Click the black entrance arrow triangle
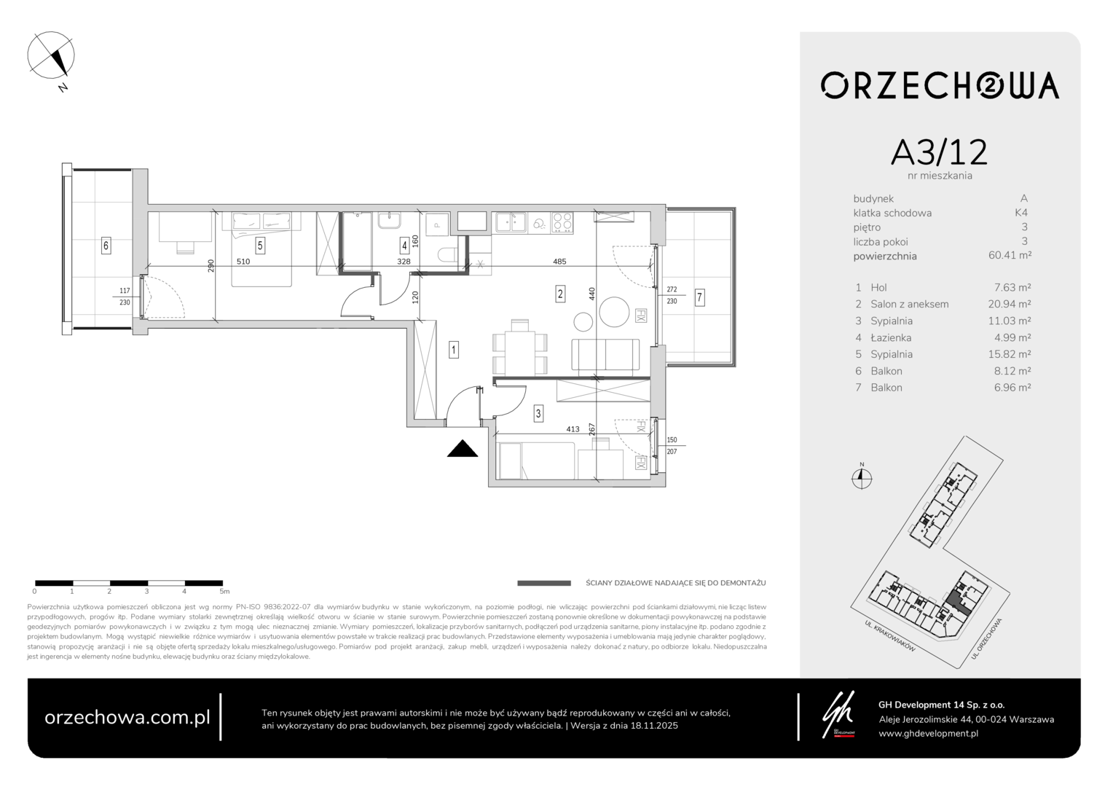pos(462,449)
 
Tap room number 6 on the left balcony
pos(106,245)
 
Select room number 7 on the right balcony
pos(699,297)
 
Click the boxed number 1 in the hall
pos(453,350)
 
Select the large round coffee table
pos(614,312)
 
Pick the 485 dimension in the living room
pos(559,262)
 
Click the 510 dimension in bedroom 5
pos(243,262)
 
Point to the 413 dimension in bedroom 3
pos(573,429)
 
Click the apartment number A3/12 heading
pos(939,152)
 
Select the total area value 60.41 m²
pos(1010,256)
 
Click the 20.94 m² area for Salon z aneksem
pos(1009,304)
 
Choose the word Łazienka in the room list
pos(891,337)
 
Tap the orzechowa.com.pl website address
pos(127,717)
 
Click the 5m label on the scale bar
pos(224,592)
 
